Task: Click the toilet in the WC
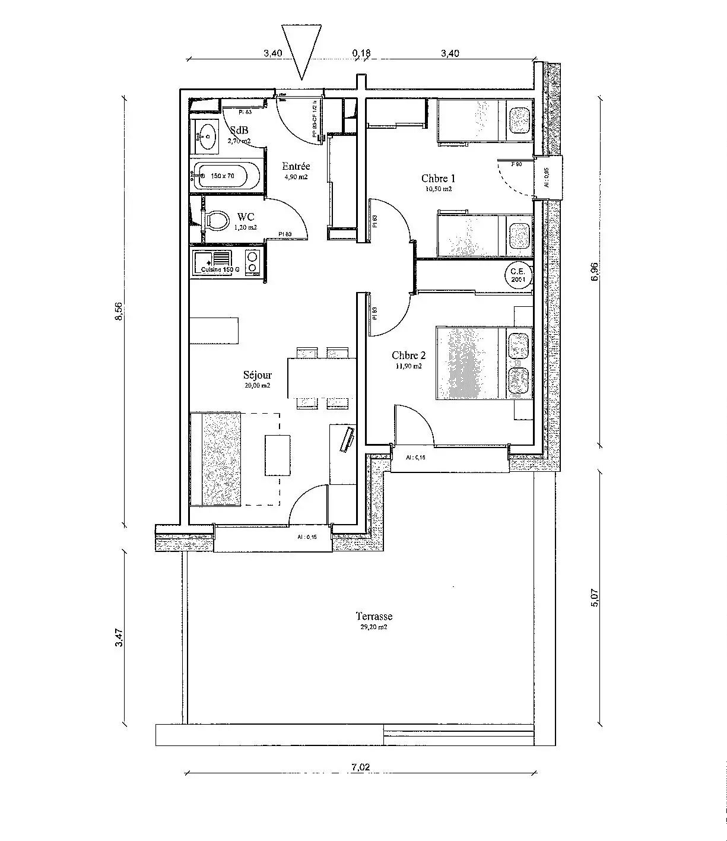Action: pos(217,221)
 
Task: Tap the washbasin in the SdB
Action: pos(207,137)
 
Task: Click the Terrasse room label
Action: pos(374,616)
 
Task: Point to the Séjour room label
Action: pos(257,375)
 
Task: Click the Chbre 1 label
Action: pos(439,178)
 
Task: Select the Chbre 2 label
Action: pos(408,356)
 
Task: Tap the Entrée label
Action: pos(296,167)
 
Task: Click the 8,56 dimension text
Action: pos(119,311)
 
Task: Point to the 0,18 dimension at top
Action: pos(361,53)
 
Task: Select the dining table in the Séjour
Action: pos(322,377)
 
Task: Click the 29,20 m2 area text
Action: pos(374,627)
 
